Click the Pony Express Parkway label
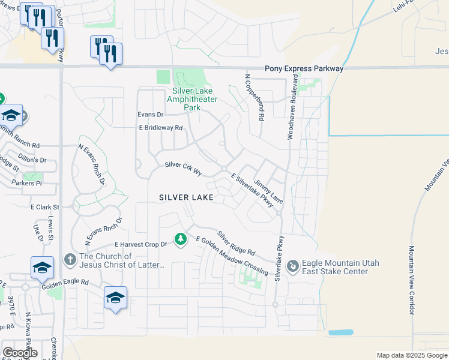pos(304,69)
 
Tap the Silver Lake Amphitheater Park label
pos(191,99)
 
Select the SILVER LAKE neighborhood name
pos(186,197)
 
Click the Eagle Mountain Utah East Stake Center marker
pos(293,265)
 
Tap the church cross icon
pos(70,259)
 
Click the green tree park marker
pos(180,239)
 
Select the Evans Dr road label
pos(150,114)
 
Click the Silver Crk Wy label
pos(183,168)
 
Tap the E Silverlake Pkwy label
pos(252,190)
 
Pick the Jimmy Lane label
pos(268,191)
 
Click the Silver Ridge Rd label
pos(236,243)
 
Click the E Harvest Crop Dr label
pos(140,245)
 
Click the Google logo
pos(19,353)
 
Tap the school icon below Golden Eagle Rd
pos(115,297)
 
